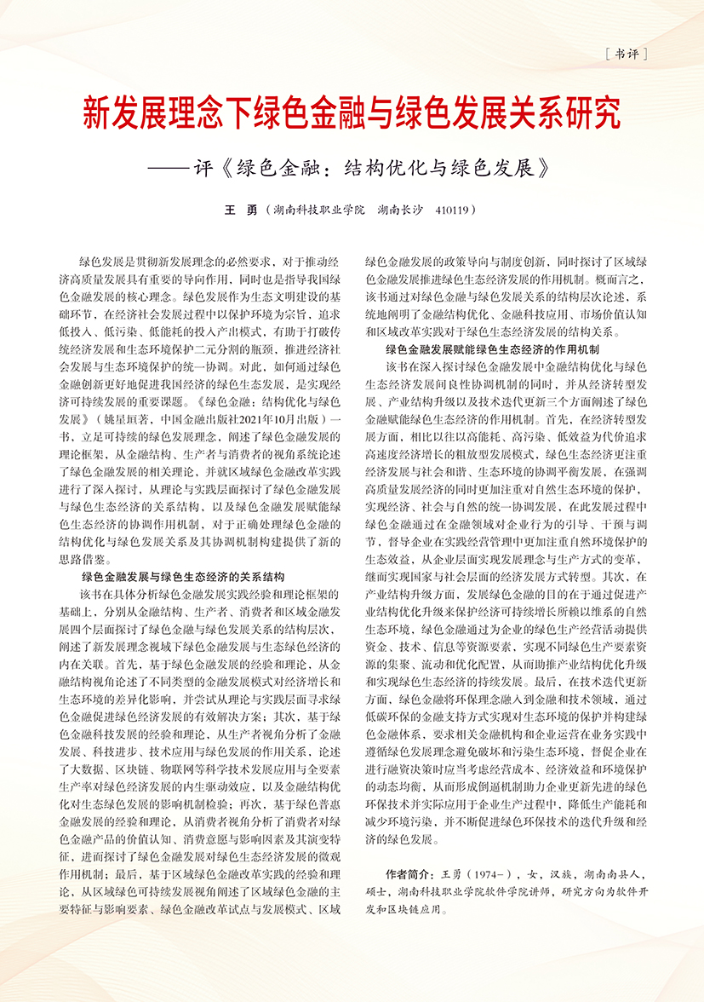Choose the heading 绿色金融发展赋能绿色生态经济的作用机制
click(493, 348)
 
